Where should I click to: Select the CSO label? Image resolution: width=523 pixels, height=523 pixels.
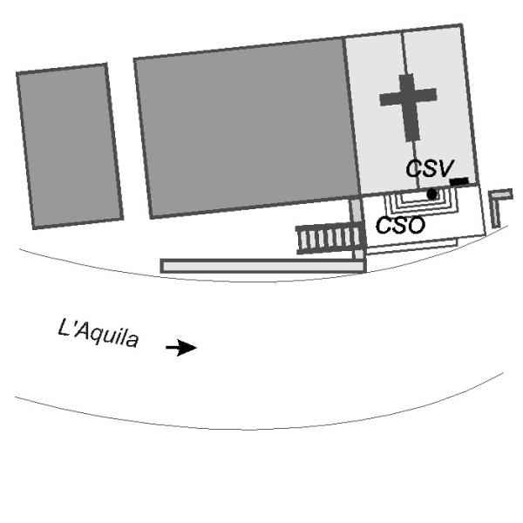pyautogui.click(x=400, y=225)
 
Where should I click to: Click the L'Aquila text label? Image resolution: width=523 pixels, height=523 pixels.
pyautogui.click(x=98, y=333)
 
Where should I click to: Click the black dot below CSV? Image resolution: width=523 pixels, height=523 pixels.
pyautogui.click(x=432, y=194)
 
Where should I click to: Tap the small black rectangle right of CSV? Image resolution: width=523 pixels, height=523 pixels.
pyautogui.click(x=459, y=181)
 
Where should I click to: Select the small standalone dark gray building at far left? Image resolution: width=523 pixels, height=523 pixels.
pyautogui.click(x=70, y=146)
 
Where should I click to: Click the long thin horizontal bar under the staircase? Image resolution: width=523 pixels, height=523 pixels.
pyautogui.click(x=261, y=265)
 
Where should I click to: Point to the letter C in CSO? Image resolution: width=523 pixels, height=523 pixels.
pyautogui.click(x=383, y=225)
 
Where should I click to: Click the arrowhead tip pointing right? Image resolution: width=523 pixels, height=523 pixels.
pyautogui.click(x=196, y=348)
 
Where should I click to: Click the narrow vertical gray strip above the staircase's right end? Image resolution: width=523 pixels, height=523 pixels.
pyautogui.click(x=357, y=211)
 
